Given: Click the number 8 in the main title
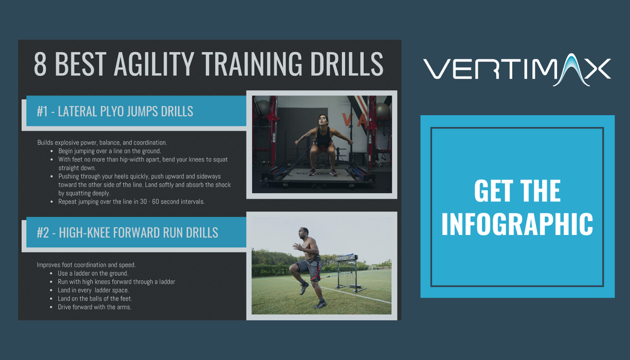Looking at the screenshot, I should pyautogui.click(x=40, y=64).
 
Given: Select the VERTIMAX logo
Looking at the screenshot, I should pyautogui.click(x=517, y=69).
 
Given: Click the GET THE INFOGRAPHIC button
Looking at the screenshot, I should pyautogui.click(x=517, y=207).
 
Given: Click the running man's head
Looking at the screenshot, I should pyautogui.click(x=303, y=234).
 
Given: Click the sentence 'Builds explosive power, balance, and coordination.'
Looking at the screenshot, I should pyautogui.click(x=102, y=143).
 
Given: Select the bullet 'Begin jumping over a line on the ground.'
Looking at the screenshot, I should pyautogui.click(x=109, y=151).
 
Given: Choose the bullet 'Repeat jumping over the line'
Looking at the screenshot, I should pyautogui.click(x=131, y=202).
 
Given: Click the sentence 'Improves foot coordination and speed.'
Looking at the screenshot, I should pyautogui.click(x=86, y=265).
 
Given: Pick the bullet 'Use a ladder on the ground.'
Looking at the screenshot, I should pyautogui.click(x=93, y=273).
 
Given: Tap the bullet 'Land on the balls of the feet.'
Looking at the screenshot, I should pyautogui.click(x=95, y=298).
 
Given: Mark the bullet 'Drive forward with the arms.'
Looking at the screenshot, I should pyautogui.click(x=94, y=307).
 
